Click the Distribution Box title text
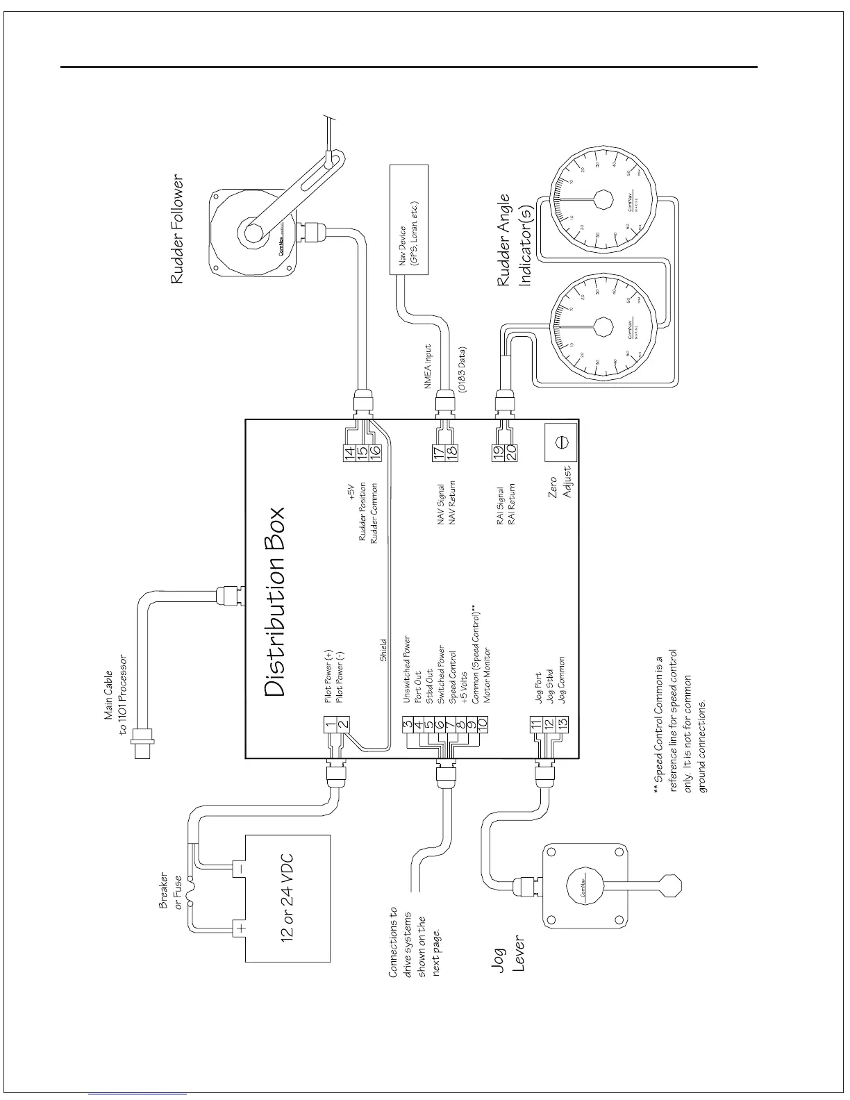pos(275,601)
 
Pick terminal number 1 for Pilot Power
pos(331,724)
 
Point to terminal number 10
pos(482,724)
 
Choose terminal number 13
pos(563,724)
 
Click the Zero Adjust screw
pos(562,442)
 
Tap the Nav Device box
pos(410,220)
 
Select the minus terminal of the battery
pos(239,868)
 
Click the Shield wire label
pos(383,651)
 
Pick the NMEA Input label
pos(428,368)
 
